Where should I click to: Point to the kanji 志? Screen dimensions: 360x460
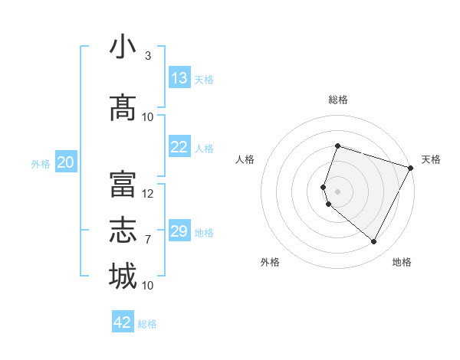(x=123, y=231)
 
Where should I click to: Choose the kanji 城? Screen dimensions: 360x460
(x=123, y=277)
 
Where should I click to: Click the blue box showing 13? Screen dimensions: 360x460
(x=179, y=78)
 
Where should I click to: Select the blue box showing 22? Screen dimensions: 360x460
(x=179, y=147)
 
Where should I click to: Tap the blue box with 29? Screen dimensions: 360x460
(x=179, y=231)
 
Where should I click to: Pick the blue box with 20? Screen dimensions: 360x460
(x=66, y=162)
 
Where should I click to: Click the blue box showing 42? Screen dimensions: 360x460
(x=123, y=322)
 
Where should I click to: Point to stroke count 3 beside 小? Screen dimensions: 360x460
(x=147, y=56)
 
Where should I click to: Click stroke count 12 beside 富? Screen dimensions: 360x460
(x=148, y=194)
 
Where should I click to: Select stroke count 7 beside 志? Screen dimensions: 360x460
(x=147, y=240)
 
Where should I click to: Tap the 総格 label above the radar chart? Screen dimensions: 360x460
(x=337, y=100)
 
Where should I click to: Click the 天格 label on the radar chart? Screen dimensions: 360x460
(x=431, y=159)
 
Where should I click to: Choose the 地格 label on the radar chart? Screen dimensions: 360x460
(x=402, y=262)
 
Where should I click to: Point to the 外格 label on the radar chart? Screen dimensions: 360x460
(x=270, y=262)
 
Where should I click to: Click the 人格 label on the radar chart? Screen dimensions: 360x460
(x=245, y=159)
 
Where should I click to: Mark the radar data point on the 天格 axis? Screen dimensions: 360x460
(x=411, y=168)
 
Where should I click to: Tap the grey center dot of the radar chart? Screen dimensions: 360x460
(x=337, y=191)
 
